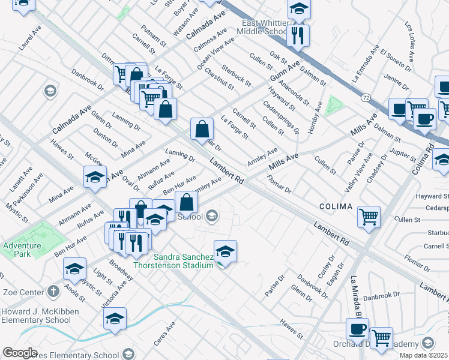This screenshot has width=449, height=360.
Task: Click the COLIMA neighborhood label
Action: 336,206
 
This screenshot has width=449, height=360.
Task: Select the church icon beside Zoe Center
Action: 53,292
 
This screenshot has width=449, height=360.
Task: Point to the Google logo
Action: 20,353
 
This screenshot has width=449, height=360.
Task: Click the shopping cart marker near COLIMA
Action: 369,217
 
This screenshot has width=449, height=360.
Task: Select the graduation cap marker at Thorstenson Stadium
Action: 225,251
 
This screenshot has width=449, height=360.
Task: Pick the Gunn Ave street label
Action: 284,74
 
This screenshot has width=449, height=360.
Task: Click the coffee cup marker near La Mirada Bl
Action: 358,329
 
